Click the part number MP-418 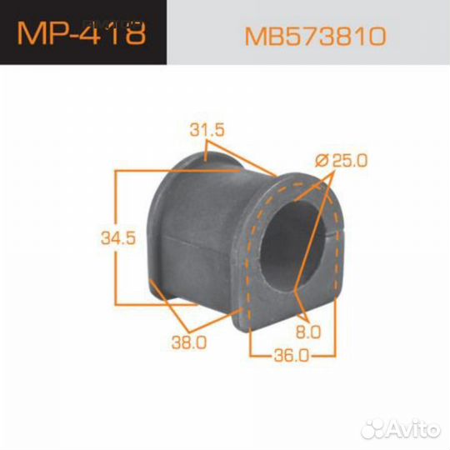pos(82,33)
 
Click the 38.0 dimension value pos(190,341)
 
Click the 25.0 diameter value pos(348,160)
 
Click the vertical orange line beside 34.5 pos(115,237)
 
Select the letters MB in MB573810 pos(259,36)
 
